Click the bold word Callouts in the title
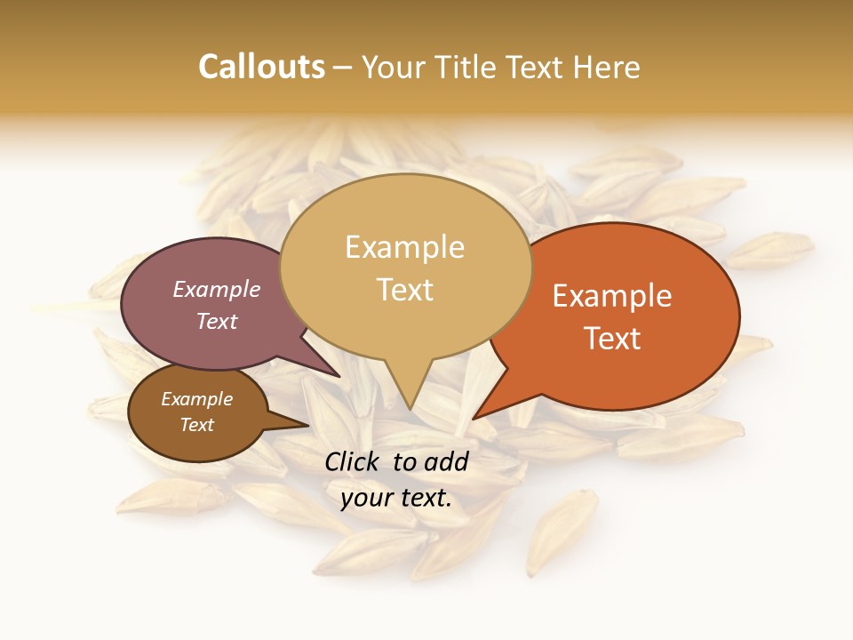(x=261, y=67)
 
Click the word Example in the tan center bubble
(x=404, y=246)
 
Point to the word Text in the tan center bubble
(x=404, y=289)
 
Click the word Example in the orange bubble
(x=612, y=296)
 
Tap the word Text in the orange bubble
(x=612, y=338)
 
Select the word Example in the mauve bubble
(x=217, y=289)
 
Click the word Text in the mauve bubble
(x=217, y=321)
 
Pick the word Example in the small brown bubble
(x=196, y=399)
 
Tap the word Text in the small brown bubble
(x=196, y=425)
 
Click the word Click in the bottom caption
(x=354, y=461)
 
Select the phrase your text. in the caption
(x=396, y=499)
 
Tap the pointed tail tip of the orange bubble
(x=474, y=418)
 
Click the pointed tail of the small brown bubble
(x=307, y=425)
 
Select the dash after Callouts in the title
(x=343, y=68)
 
